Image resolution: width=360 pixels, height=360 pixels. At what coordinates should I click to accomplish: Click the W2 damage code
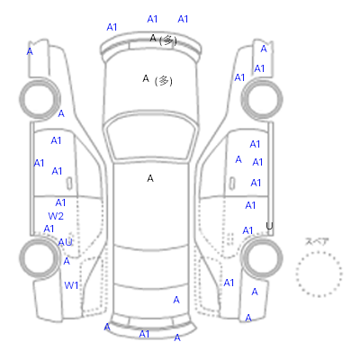pos(56,216)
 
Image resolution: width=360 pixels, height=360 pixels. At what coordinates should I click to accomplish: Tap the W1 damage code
pos(71,285)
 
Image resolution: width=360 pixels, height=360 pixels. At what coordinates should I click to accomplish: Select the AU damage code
pos(65,242)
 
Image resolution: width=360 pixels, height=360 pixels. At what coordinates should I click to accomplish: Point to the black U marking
pos(269,226)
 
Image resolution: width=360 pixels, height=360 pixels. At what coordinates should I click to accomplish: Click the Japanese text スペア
pos(317,241)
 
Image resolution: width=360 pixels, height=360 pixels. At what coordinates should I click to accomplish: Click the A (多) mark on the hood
pos(157,80)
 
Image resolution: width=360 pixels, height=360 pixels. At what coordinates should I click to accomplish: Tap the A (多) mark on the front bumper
pos(164,40)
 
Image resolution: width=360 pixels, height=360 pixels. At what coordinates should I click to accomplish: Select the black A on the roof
pos(150,178)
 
